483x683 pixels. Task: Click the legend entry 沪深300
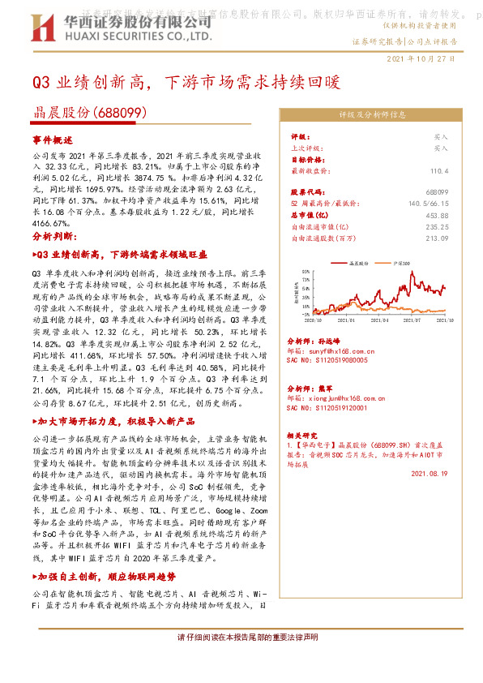(404, 264)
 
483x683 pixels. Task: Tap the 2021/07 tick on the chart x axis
(410, 321)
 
